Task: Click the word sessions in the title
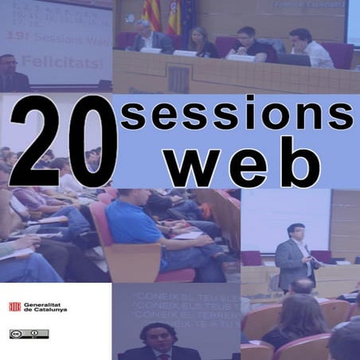click(236, 117)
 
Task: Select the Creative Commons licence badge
click(18, 334)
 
